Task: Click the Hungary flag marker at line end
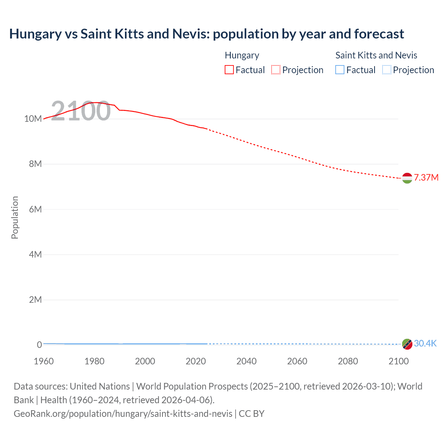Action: point(407,178)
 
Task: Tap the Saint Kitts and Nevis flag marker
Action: point(407,344)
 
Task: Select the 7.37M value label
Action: point(426,178)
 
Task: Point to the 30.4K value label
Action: point(425,343)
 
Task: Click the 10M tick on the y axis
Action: point(33,119)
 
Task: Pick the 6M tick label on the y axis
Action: point(35,209)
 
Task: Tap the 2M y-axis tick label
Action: point(35,300)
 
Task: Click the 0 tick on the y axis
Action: point(40,345)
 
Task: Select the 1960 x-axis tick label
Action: point(44,361)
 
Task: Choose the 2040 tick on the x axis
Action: point(246,361)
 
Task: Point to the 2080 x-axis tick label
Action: point(348,361)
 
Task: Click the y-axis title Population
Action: point(15,217)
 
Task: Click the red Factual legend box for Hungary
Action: point(229,70)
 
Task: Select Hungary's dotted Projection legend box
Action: point(276,70)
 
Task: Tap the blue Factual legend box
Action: point(340,70)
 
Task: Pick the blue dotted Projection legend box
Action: point(387,70)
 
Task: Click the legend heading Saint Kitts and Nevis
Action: point(376,55)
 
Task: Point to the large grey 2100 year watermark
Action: point(81,111)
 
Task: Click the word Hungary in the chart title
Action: point(35,34)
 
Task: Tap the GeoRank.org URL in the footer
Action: point(123,414)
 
